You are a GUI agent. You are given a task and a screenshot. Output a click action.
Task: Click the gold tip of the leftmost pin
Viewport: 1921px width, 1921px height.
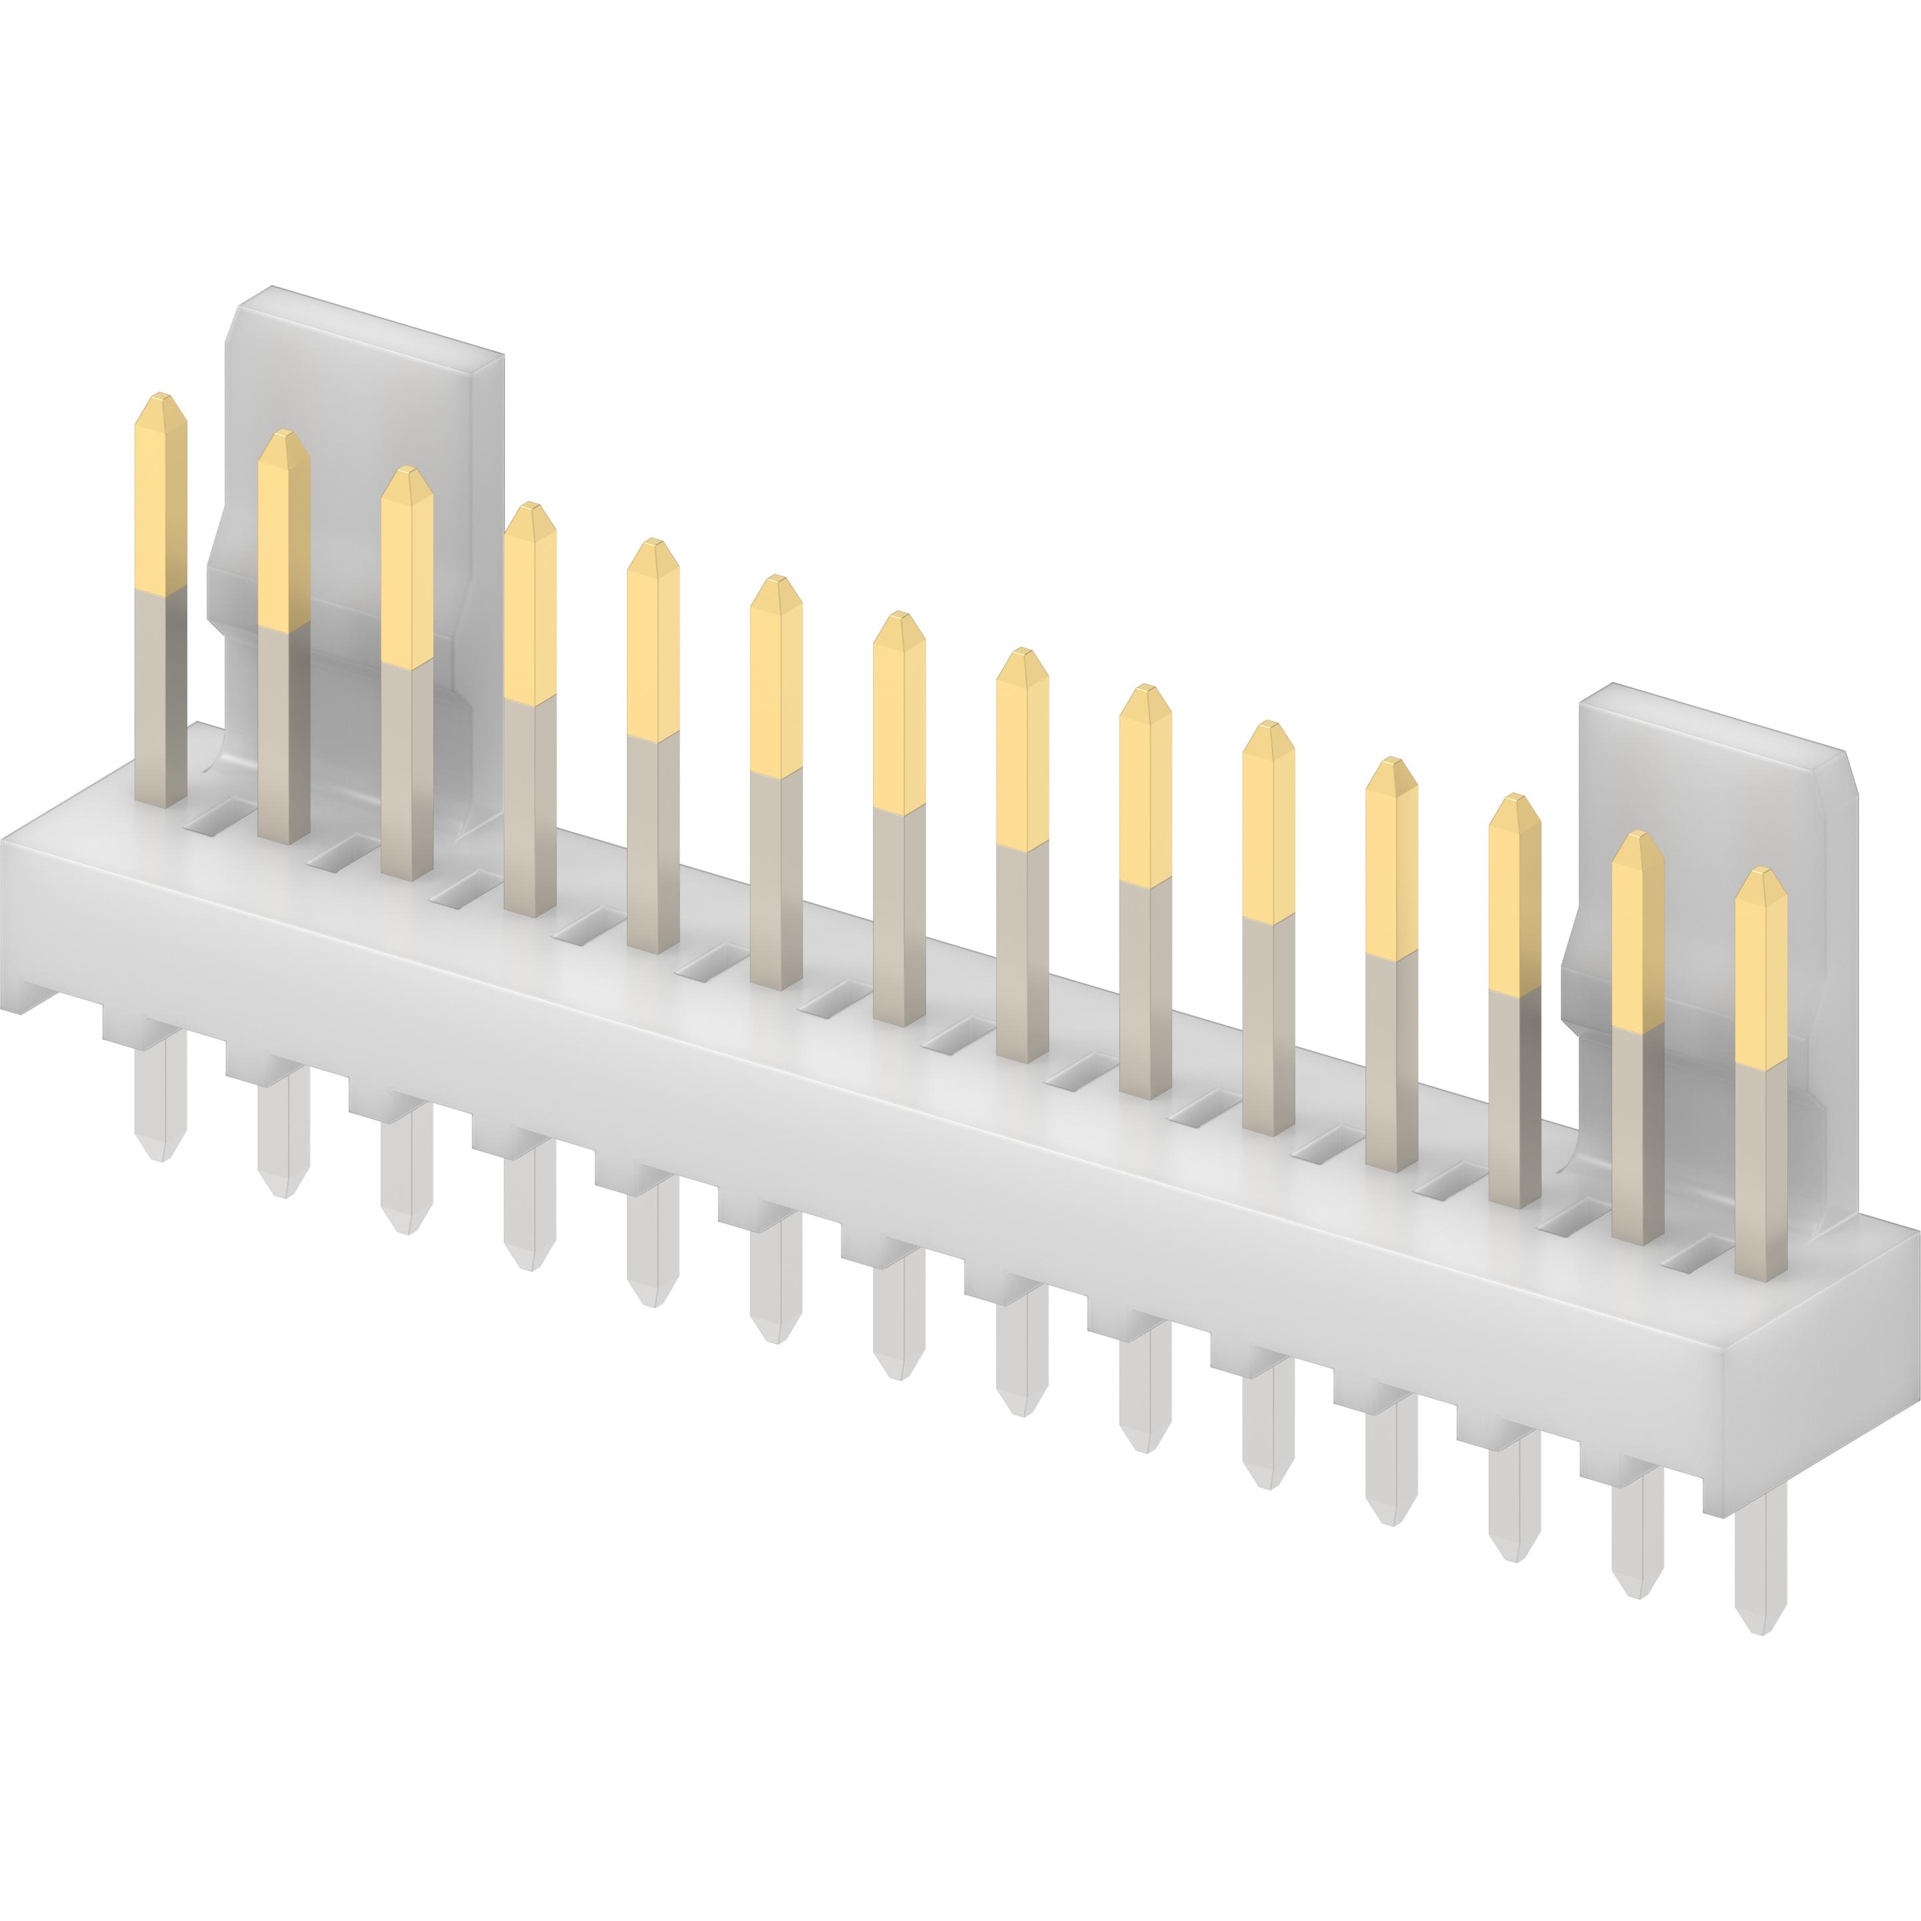tap(160, 492)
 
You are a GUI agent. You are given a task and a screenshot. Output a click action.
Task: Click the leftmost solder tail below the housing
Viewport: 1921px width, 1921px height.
tap(160, 1094)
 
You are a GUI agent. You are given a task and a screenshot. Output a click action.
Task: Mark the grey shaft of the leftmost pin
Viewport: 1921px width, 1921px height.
tap(160, 696)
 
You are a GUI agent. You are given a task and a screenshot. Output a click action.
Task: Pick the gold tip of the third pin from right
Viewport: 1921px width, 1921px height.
tap(1514, 894)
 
